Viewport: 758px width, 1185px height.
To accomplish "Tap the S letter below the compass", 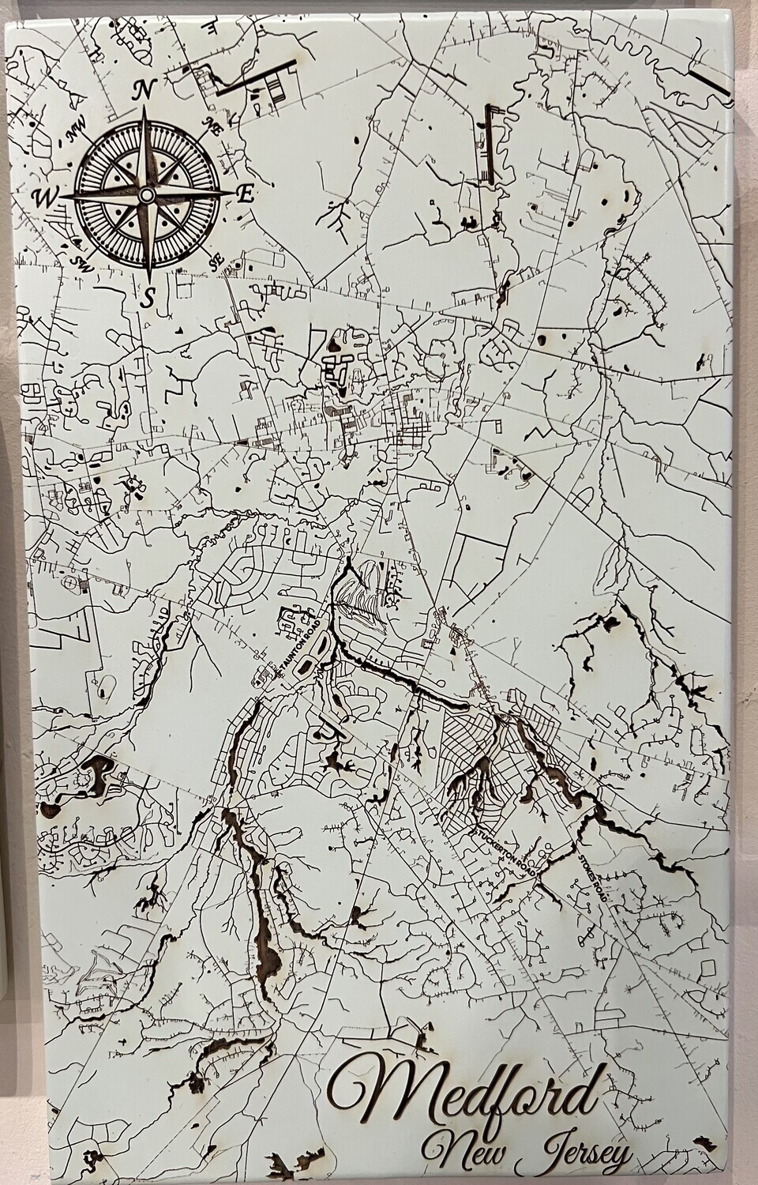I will point(148,298).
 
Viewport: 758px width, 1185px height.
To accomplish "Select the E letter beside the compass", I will point(246,194).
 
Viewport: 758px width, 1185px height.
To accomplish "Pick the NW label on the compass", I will point(76,134).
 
